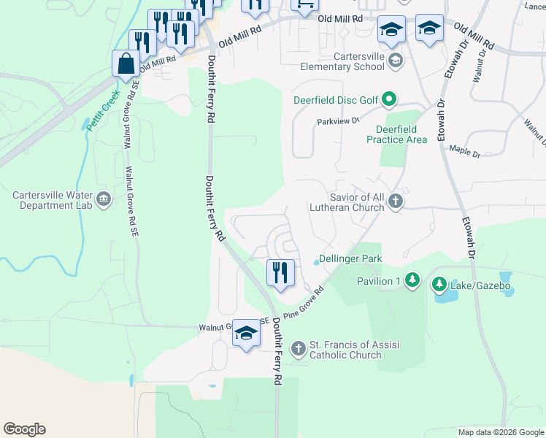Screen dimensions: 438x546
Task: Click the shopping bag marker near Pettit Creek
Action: point(126,63)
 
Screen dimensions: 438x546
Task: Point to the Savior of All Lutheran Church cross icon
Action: point(395,201)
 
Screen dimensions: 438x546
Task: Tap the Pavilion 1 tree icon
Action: point(412,280)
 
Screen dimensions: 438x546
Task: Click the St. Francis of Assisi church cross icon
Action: point(298,349)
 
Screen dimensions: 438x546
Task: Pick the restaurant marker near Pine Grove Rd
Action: point(280,273)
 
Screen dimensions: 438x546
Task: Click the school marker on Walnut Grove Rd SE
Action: point(247,334)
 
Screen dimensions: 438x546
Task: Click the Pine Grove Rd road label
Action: point(304,306)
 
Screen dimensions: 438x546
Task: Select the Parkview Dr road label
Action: point(339,122)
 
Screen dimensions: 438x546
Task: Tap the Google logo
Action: point(24,429)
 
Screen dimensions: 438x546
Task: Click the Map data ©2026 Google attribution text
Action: point(500,432)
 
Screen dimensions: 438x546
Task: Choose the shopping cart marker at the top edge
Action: point(304,4)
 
